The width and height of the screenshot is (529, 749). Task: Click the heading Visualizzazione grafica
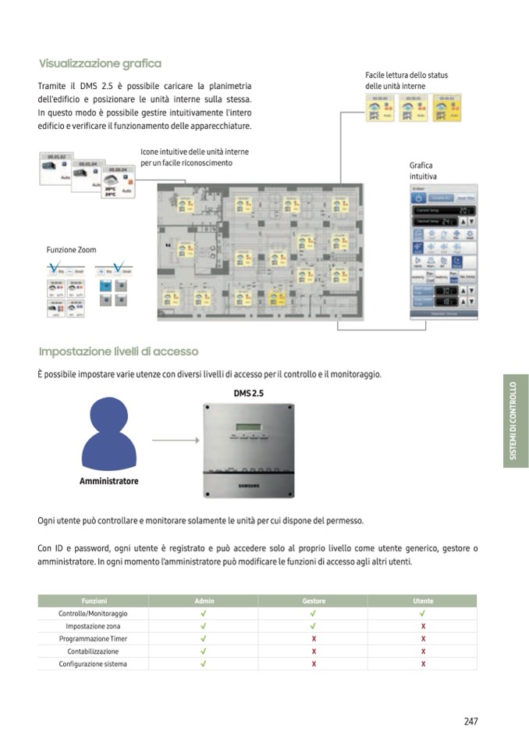pyautogui.click(x=100, y=63)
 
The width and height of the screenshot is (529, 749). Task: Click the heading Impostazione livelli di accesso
pyautogui.click(x=119, y=351)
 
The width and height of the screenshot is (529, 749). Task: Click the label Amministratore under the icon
pyautogui.click(x=109, y=481)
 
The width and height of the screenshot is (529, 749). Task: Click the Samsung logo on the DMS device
pyautogui.click(x=250, y=485)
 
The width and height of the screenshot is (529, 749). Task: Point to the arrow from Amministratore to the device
pyautogui.click(x=175, y=440)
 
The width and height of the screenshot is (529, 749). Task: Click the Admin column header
pyautogui.click(x=204, y=601)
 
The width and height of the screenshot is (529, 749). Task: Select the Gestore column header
pyautogui.click(x=314, y=601)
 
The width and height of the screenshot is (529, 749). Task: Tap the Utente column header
pyautogui.click(x=423, y=601)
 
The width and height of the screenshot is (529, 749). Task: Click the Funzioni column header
pyautogui.click(x=94, y=601)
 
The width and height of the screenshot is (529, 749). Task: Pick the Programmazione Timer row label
pyautogui.click(x=93, y=639)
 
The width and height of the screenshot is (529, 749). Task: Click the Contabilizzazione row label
pyautogui.click(x=93, y=651)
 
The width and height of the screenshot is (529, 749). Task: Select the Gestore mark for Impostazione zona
pyautogui.click(x=314, y=626)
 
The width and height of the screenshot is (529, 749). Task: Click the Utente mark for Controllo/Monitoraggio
pyautogui.click(x=423, y=614)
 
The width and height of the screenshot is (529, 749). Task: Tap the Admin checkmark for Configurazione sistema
pyautogui.click(x=204, y=664)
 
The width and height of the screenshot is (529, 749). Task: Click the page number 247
pyautogui.click(x=470, y=722)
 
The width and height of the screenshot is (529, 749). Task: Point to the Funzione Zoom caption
pyautogui.click(x=72, y=250)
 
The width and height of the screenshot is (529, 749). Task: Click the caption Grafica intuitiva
pyautogui.click(x=421, y=171)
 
